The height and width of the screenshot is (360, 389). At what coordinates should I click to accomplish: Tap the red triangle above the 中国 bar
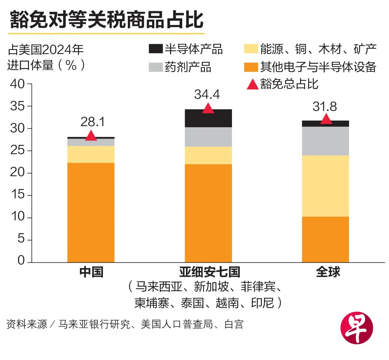[91, 136]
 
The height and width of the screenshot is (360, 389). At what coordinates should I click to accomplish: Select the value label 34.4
[207, 95]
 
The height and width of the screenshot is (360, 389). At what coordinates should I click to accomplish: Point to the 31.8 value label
[325, 107]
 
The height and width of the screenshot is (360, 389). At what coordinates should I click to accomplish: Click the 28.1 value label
[93, 122]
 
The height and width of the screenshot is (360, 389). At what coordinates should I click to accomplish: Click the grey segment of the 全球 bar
[325, 141]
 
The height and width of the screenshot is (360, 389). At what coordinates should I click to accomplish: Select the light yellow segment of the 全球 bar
[325, 186]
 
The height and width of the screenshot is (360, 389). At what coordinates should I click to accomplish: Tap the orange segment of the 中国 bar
[91, 212]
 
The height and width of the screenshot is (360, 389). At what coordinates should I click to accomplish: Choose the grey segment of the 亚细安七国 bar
[208, 137]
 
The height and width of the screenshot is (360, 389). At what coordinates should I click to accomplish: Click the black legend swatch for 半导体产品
[155, 49]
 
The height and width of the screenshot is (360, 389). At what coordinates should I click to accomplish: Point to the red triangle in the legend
[252, 84]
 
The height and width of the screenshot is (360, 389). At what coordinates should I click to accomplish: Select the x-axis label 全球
[328, 272]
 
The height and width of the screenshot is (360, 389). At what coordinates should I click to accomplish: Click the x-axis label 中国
[91, 272]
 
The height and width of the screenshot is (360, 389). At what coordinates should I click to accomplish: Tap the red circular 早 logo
[357, 328]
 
